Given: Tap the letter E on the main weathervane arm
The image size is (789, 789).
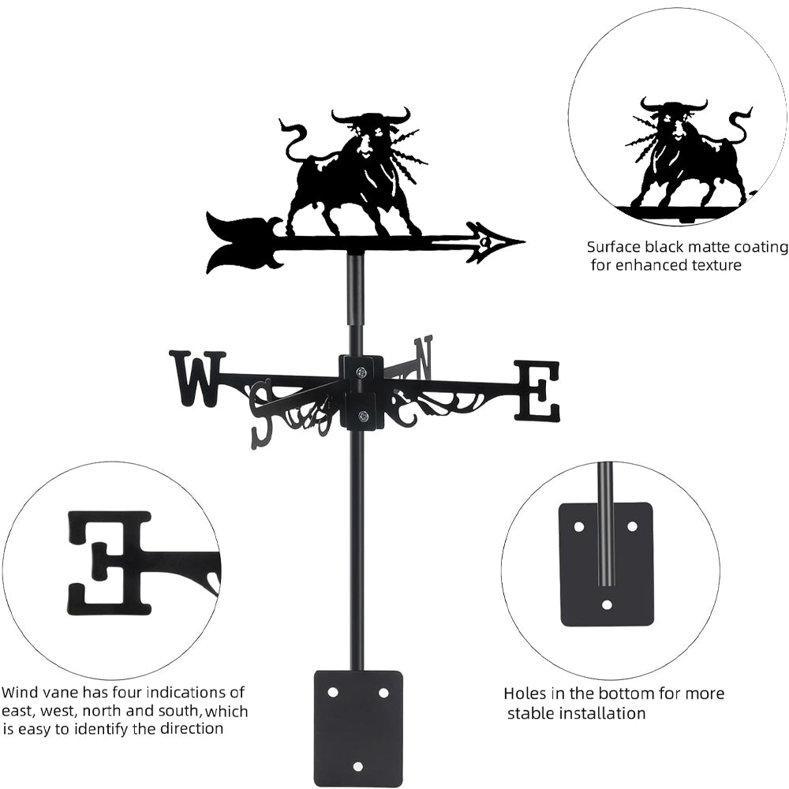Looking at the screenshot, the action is pos(537,390).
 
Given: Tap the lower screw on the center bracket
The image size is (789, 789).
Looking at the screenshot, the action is pos(362,416).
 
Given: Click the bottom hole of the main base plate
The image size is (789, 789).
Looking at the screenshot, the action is pos(357,766).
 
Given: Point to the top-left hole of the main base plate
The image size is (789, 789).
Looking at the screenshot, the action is pos(333,693).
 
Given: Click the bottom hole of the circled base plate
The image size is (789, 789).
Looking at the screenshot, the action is pos(607,604).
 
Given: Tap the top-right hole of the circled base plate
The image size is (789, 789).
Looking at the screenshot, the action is pos(633,527).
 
